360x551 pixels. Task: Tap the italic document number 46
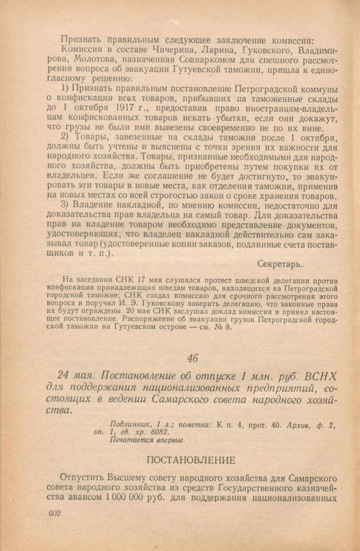coord(192,359)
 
